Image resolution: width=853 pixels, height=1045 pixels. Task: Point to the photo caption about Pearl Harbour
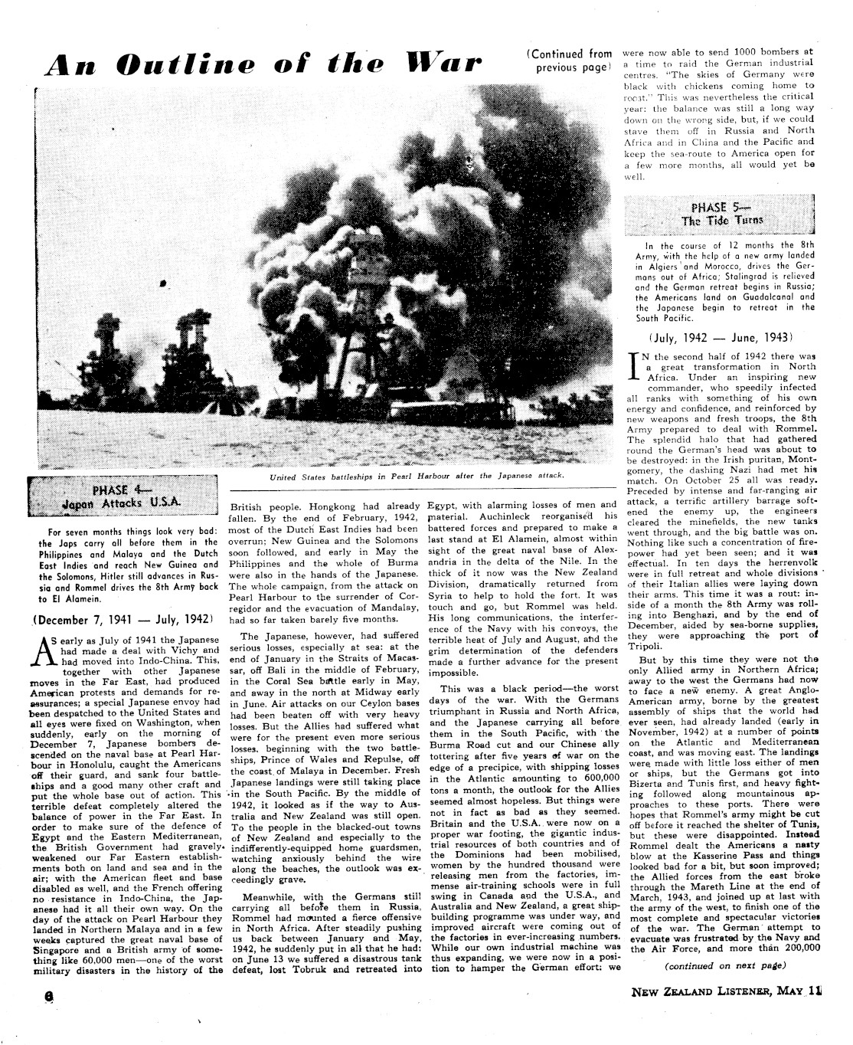tap(417, 476)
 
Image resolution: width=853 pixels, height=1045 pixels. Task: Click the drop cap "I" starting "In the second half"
tap(632, 369)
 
